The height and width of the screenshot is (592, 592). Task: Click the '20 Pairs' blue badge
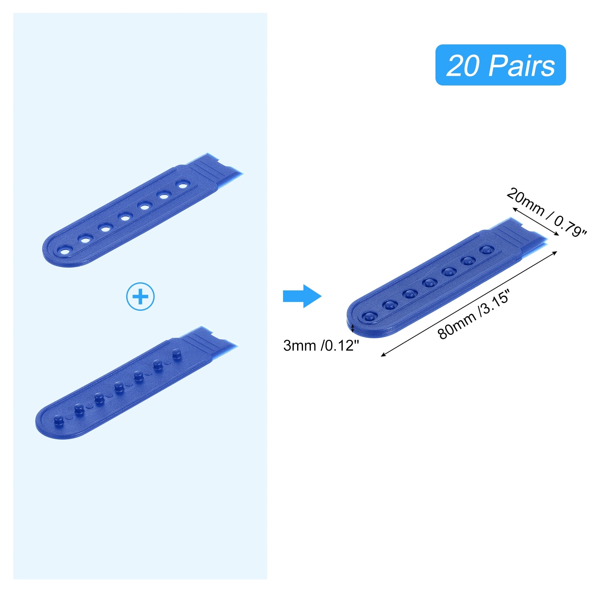coord(500,65)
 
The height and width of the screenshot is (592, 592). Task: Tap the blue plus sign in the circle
coord(140,296)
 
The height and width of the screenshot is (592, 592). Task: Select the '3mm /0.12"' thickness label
coord(321,346)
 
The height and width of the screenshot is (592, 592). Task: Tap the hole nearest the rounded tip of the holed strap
coord(65,252)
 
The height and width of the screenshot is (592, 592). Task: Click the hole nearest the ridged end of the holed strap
coord(182,184)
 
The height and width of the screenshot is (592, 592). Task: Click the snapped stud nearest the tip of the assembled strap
coord(369,316)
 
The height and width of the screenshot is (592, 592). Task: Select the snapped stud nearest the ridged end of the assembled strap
coord(487,250)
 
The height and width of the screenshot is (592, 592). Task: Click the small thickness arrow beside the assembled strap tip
coord(353,328)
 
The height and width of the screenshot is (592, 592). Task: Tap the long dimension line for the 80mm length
coord(469,303)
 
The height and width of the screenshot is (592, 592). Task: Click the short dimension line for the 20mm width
coord(535,222)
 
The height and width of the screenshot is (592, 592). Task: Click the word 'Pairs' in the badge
coord(522,65)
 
